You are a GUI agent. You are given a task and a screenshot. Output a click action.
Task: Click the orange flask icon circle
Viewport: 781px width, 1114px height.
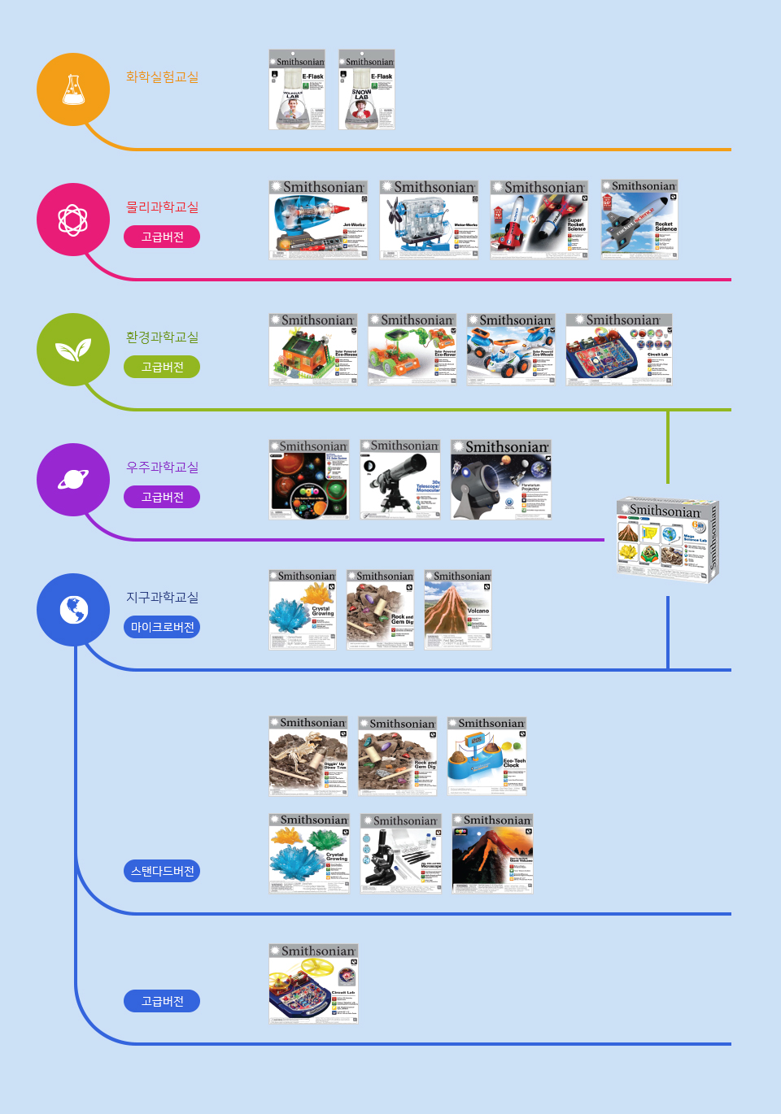[x=73, y=89]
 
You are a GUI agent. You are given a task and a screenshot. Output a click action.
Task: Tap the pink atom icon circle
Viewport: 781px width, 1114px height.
[x=73, y=220]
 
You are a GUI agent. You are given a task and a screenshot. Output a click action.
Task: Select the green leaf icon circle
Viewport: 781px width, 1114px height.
[x=73, y=350]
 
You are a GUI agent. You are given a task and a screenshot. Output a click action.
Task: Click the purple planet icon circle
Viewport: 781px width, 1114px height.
[x=73, y=480]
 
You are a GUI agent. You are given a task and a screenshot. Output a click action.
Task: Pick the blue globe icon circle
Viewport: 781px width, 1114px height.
[x=73, y=610]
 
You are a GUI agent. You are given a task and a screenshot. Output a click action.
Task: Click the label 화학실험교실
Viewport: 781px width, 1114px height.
[x=162, y=76]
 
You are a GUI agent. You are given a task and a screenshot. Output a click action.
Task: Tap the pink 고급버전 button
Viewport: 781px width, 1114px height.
[x=162, y=237]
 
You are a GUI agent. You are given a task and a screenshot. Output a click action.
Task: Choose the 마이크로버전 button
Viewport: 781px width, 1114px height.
[x=162, y=627]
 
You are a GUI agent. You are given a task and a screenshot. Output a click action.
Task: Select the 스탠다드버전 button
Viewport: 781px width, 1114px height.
[x=162, y=871]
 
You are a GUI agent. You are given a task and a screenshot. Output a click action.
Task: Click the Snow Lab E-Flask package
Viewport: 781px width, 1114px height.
[x=367, y=89]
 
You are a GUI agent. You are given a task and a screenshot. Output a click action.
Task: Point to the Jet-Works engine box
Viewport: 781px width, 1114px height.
[x=318, y=220]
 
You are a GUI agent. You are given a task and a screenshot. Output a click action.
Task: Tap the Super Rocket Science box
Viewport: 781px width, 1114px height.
[x=539, y=220]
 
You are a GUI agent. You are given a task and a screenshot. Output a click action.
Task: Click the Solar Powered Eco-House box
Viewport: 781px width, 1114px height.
[x=313, y=349]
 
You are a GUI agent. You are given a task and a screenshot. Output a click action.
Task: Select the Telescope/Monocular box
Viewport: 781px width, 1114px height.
[x=400, y=479]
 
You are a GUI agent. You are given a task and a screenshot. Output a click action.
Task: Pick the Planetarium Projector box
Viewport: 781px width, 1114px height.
[x=501, y=479]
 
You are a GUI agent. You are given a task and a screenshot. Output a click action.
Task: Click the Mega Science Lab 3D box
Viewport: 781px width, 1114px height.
[x=667, y=540]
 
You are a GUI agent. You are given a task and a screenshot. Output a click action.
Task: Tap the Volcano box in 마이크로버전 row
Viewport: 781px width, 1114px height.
[x=458, y=610]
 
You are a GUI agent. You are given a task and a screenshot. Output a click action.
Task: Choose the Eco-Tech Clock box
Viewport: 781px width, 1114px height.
[x=487, y=755]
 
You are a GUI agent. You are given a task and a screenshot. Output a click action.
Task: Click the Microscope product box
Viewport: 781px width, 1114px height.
[x=401, y=854]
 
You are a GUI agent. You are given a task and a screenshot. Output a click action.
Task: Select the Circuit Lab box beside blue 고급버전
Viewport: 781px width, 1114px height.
[x=313, y=984]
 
